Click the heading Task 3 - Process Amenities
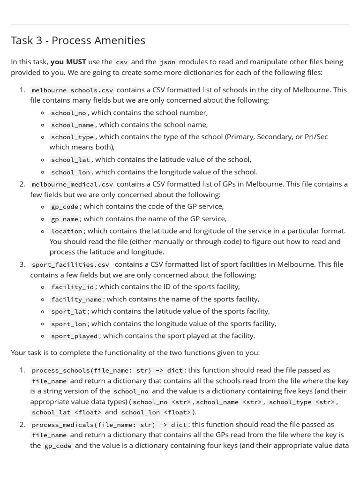coord(78,40)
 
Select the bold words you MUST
coord(68,62)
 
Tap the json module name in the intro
coord(167,62)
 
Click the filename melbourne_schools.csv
coord(72,90)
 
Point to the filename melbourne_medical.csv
coord(72,184)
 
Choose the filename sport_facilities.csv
coord(70,264)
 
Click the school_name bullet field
coord(73,125)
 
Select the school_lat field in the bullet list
coord(70,160)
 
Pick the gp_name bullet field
coord(65,219)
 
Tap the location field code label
coord(67,231)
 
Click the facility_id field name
coord(73,287)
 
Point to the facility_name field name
coord(76,300)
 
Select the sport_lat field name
coord(68,312)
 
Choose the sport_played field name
coord(75,336)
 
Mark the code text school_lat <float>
coord(67,412)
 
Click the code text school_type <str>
coord(302,402)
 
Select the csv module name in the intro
coord(121,62)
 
